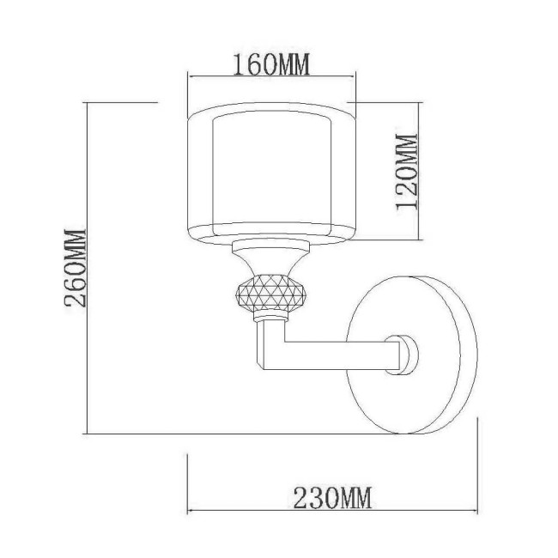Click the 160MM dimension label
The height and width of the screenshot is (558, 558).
[x=270, y=64]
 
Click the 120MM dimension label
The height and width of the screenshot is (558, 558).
[x=406, y=173]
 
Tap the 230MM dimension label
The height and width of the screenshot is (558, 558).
[x=332, y=495]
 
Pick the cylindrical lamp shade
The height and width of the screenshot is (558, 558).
[x=271, y=173]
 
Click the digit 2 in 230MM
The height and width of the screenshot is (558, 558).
[x=301, y=495]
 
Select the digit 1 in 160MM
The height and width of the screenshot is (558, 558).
[x=237, y=64]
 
